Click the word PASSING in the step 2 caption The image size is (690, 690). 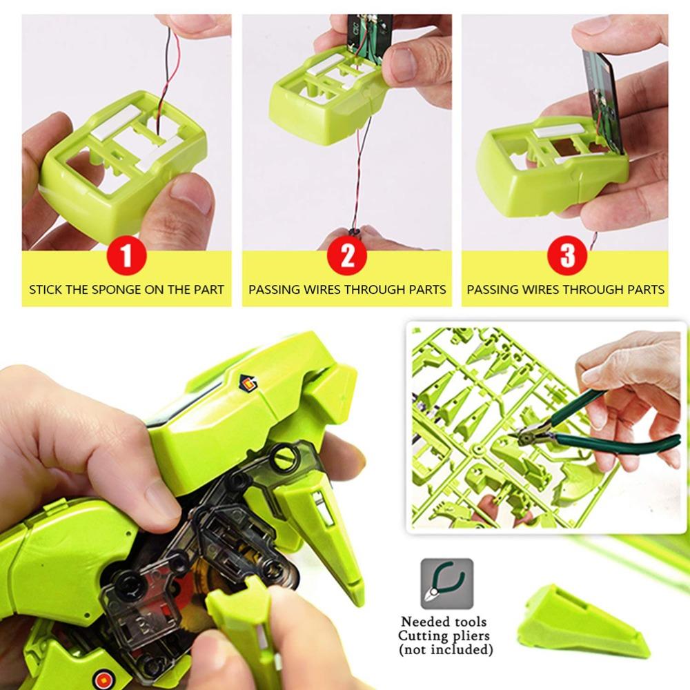tap(274, 290)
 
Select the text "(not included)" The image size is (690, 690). tap(446, 649)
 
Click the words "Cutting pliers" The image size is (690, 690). tap(446, 635)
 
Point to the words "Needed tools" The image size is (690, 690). tap(446, 622)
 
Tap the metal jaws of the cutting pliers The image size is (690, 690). tap(529, 434)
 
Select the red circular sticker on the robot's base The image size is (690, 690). tap(104, 677)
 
